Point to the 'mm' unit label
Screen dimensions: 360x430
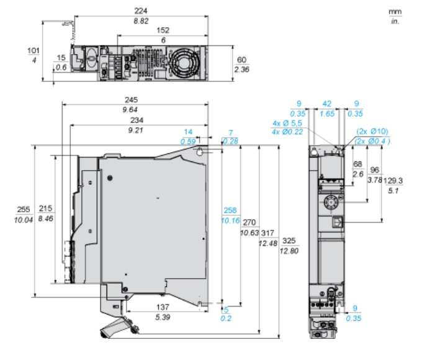coord(394,12)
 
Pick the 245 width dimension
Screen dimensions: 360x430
coord(132,100)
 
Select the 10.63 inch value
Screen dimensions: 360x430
coord(249,233)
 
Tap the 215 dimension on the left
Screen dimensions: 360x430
coord(46,209)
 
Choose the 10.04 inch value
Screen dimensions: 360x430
coord(24,220)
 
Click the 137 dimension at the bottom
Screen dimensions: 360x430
coord(163,307)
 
